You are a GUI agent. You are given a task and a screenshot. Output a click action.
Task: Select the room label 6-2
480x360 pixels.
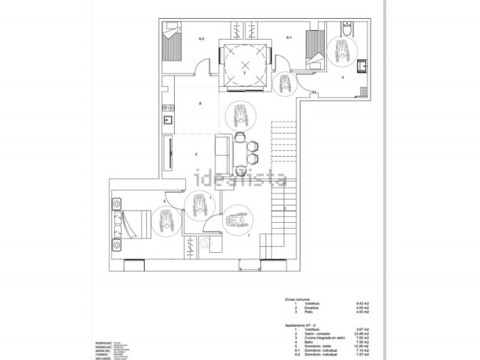click(202, 37)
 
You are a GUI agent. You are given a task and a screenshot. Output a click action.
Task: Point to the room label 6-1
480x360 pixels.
click(289, 37)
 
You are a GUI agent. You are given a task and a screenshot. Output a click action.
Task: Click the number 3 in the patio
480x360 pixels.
click(244, 73)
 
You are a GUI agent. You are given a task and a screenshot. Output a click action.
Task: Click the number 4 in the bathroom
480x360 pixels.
click(342, 77)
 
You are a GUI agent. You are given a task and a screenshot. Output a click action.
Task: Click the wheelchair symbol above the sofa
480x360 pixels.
click(240, 116)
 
